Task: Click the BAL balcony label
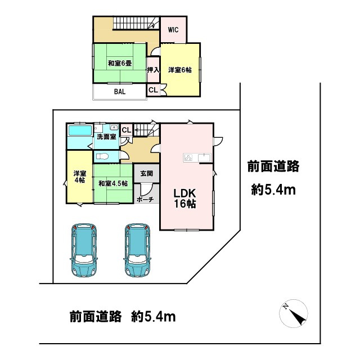tap(120, 91)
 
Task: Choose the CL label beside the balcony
tap(153, 90)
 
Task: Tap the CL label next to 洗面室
tap(126, 130)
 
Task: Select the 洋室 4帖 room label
tap(79, 177)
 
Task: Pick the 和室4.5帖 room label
tap(113, 183)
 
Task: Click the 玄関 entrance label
tap(147, 173)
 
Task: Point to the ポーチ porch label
tap(146, 199)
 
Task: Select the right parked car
tap(138, 250)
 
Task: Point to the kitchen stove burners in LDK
tap(188, 157)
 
